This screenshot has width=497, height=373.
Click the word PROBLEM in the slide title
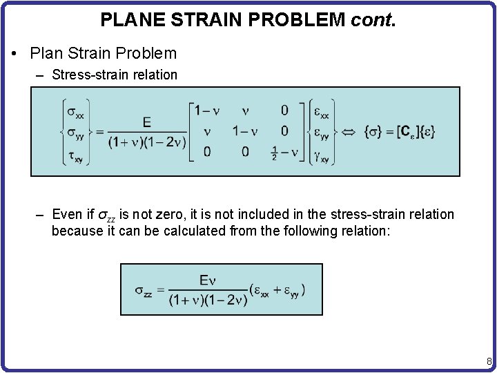pos(302,20)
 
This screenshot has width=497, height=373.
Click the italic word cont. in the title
pos(373,20)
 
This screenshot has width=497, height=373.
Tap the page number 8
pos(489,361)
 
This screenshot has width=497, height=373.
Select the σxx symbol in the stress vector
pos(75,111)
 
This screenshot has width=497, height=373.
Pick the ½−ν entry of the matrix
pos(284,153)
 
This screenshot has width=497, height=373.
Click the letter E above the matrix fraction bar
pos(146,122)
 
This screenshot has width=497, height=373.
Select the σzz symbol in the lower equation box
pos(144,290)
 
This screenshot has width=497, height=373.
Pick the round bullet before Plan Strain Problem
pos(15,53)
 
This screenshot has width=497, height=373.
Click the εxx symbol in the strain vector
pos(322,111)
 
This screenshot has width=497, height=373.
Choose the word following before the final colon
pos(362,231)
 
